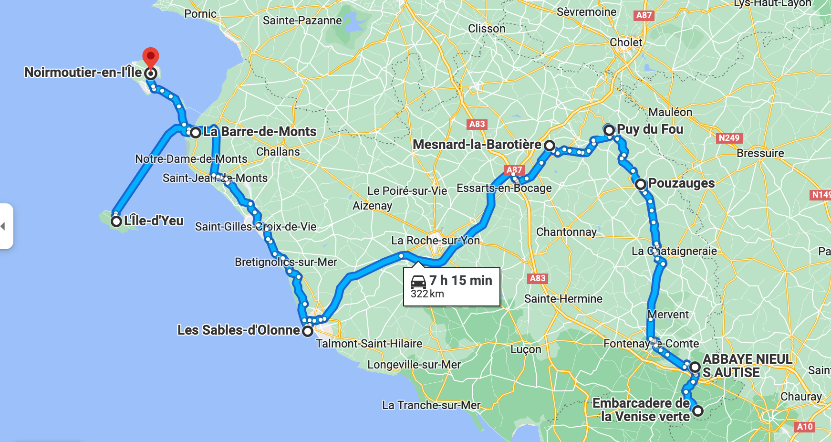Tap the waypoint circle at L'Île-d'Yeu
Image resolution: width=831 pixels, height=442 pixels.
point(116,221)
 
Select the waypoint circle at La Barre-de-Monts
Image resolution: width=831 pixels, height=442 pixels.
point(196,133)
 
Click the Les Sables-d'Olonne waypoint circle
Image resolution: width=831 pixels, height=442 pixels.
point(308,330)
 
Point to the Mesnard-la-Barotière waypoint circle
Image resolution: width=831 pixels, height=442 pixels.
point(550,145)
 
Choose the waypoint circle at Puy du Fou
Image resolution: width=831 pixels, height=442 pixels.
point(609,130)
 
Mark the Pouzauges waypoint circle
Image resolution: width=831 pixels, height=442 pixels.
point(641,184)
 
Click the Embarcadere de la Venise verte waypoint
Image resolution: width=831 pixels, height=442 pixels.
point(698,410)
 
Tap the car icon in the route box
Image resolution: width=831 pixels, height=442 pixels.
point(418,282)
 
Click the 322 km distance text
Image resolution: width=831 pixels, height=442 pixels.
point(427,294)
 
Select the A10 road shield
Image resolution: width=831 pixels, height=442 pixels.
point(805,427)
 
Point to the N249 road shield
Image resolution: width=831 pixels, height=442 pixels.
point(729,138)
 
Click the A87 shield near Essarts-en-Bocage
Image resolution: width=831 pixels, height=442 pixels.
point(514,169)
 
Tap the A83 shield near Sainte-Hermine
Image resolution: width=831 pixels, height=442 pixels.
point(538,278)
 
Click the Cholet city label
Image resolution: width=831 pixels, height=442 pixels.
point(626,42)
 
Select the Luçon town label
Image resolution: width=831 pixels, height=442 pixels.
point(526,349)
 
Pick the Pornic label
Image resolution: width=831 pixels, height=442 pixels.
point(200,14)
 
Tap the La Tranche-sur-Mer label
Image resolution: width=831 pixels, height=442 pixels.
point(431,405)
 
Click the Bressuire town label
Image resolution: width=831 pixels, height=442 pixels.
point(760,153)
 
